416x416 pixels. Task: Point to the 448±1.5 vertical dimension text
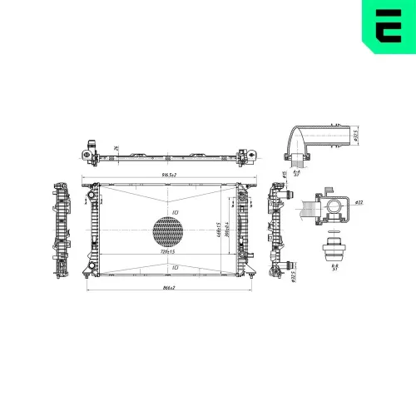(217, 230)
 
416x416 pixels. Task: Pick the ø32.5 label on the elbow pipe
(355, 136)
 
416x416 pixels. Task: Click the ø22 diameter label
(358, 202)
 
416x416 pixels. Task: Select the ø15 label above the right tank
(285, 176)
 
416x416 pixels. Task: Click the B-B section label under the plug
(334, 266)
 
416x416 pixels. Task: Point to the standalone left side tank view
(61, 229)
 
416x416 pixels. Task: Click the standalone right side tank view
(277, 229)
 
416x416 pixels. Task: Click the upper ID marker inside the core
(176, 212)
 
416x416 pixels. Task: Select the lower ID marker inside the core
(176, 267)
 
